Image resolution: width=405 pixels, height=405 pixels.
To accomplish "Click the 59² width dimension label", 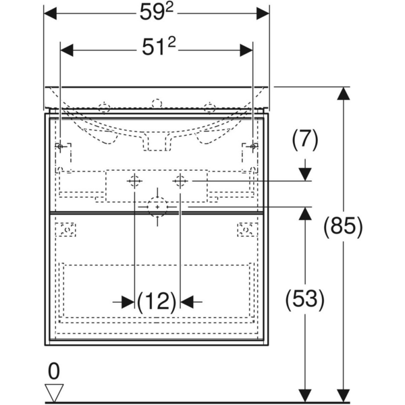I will tap(157, 13).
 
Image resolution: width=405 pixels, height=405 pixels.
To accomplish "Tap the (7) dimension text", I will tap(304, 140).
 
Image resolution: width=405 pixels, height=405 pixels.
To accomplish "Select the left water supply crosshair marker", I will tap(134, 181).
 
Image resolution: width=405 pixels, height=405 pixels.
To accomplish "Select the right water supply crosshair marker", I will tap(180, 181).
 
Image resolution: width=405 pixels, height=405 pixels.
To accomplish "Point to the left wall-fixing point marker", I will tap(61, 146).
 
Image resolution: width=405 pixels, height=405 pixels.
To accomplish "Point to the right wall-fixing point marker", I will tap(252, 146).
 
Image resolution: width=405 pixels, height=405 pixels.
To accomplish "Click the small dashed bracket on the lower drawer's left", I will tap(67, 230).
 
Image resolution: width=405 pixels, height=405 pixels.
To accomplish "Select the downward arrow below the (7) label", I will tap(305, 171).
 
